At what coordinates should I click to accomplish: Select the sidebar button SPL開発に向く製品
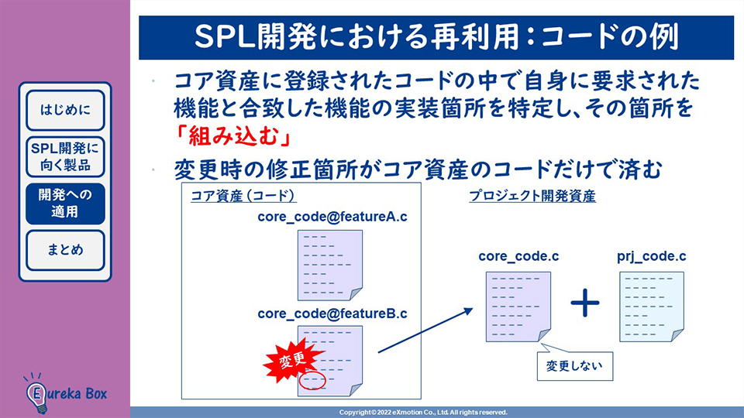pos(65,156)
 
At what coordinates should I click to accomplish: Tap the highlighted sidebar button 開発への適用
pos(65,203)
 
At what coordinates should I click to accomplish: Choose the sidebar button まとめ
pos(65,250)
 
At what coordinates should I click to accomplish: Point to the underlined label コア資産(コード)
pos(244,196)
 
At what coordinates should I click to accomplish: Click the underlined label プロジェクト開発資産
pos(532,196)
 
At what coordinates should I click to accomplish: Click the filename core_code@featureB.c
pos(332,313)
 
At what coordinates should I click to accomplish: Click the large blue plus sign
pos(585,303)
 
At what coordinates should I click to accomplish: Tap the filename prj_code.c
pos(651,255)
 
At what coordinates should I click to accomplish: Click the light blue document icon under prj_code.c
pos(651,306)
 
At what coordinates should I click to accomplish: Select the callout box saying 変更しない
pos(574,364)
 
